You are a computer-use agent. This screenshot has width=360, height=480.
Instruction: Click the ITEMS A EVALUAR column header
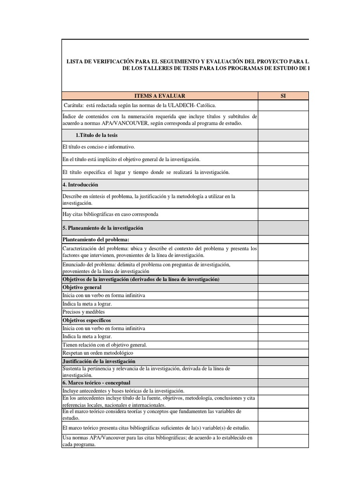click(x=159, y=96)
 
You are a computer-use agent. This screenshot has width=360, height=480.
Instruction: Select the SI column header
click(x=283, y=96)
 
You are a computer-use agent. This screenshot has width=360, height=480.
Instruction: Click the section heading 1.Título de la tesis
click(x=97, y=135)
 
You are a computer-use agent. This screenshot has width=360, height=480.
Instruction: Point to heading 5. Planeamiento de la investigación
click(x=103, y=228)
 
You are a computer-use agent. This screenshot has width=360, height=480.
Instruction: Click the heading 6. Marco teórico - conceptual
click(x=96, y=383)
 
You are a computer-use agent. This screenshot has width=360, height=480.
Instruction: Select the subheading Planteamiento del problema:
click(x=95, y=240)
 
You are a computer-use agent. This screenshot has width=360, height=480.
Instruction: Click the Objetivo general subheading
click(x=82, y=287)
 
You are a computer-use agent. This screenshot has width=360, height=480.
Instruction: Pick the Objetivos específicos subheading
click(x=86, y=320)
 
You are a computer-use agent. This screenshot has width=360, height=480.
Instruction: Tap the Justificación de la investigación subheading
click(x=99, y=361)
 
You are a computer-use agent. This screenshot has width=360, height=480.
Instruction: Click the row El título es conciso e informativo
click(x=98, y=147)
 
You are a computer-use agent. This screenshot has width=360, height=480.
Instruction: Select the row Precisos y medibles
click(x=83, y=312)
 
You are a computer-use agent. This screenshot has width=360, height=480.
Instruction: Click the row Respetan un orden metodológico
click(x=97, y=352)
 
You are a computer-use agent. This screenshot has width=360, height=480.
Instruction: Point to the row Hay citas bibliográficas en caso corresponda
click(x=110, y=214)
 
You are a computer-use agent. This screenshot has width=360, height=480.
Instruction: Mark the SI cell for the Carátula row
click(x=283, y=105)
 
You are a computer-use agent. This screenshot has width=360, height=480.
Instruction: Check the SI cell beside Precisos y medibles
click(x=283, y=312)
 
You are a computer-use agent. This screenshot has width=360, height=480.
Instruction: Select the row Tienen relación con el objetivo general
click(x=105, y=345)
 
